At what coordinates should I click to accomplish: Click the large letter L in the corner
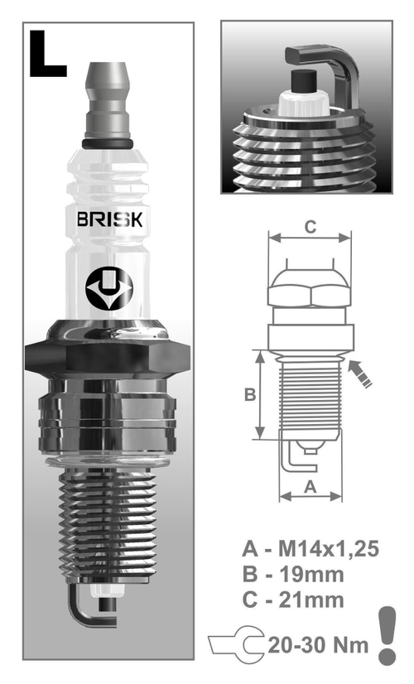pos(48,55)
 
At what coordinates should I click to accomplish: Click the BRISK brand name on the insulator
pos(109,221)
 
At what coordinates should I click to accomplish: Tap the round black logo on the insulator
pos(109,287)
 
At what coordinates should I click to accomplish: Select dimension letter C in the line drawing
pos(309,225)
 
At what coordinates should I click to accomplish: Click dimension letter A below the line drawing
pos(310,487)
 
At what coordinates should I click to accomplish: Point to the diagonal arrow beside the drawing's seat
pos(362,373)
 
